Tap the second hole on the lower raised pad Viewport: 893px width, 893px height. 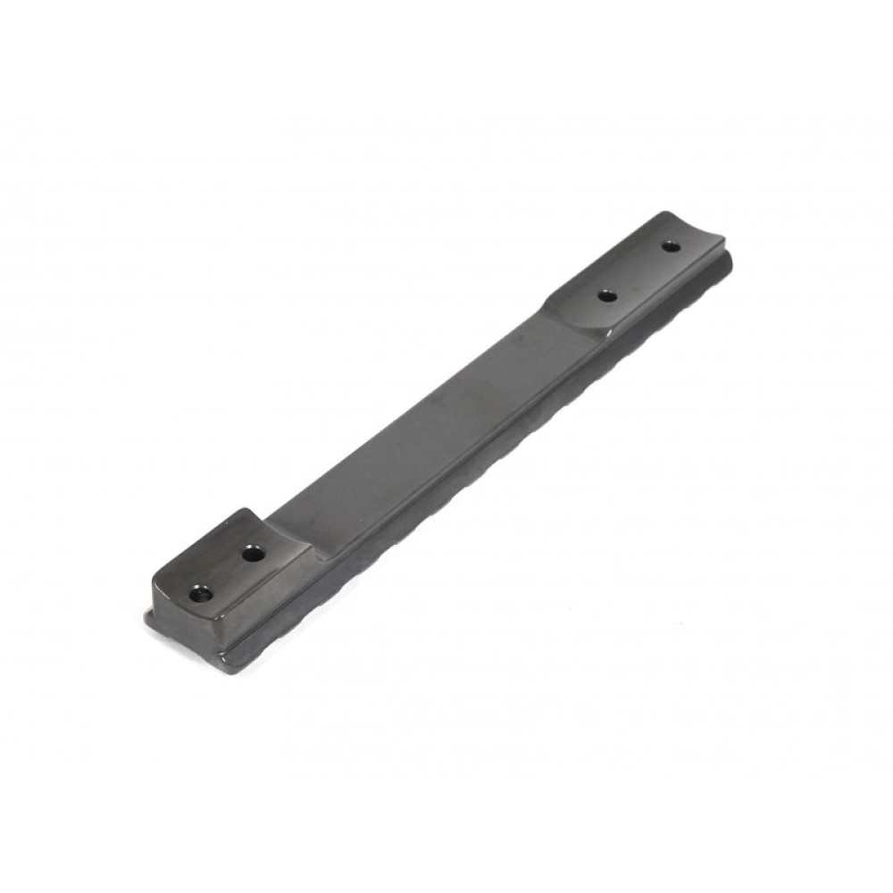point(254,555)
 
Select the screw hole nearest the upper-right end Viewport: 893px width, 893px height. point(671,246)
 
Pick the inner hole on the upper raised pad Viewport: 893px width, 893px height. point(607,295)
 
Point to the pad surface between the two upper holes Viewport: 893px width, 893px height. point(639,271)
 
